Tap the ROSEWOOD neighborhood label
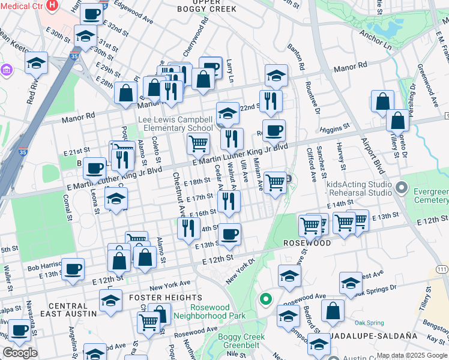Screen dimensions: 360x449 click(x=307, y=244)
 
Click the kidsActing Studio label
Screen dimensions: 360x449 click(x=358, y=185)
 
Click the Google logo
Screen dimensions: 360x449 click(x=19, y=353)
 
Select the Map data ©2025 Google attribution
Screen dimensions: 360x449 click(x=412, y=355)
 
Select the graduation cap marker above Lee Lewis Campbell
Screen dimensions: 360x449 click(x=228, y=112)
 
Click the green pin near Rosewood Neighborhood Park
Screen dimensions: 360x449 click(x=265, y=298)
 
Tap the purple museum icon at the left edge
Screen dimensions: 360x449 click(x=6, y=71)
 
